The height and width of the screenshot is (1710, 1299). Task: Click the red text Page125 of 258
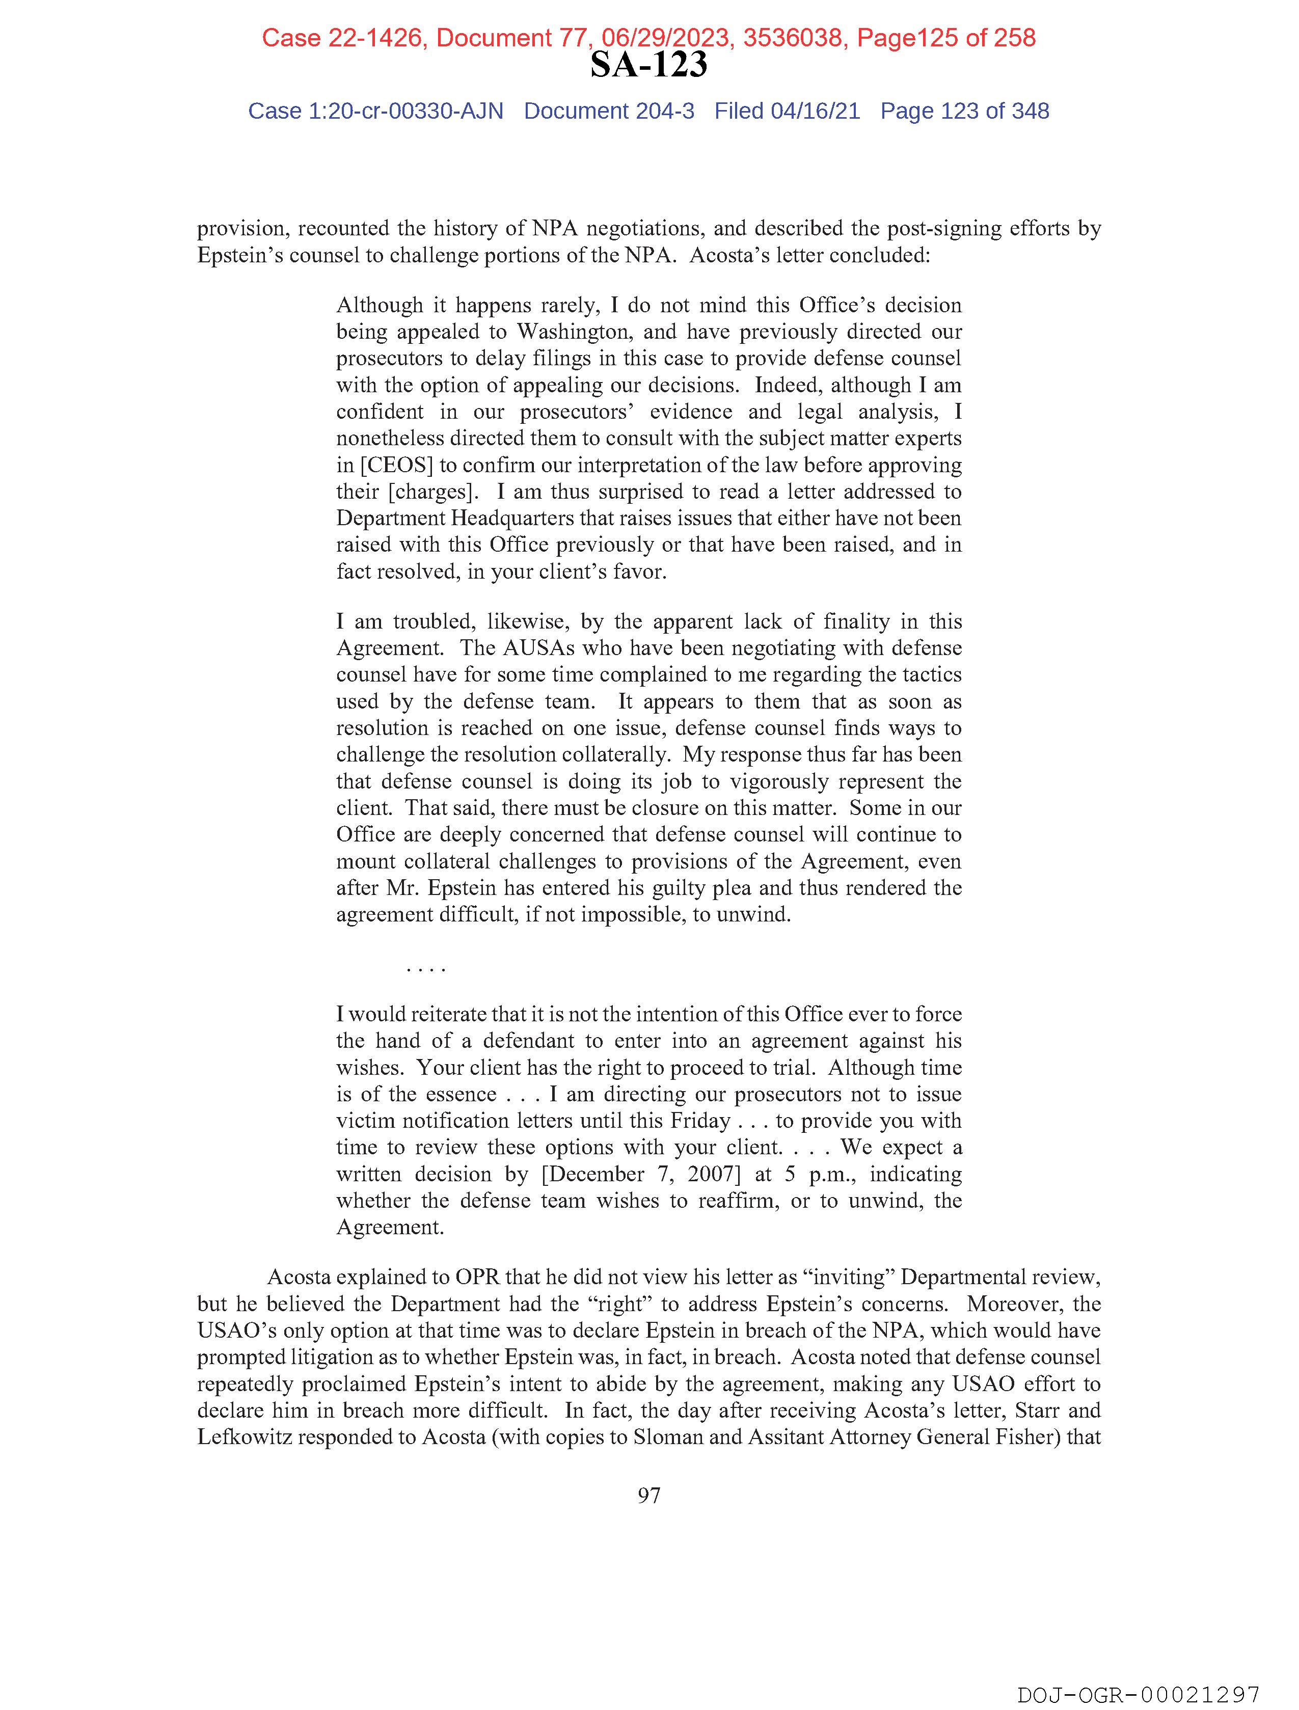click(945, 38)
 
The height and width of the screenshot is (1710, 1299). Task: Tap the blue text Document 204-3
click(609, 112)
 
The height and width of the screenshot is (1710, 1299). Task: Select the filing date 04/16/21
click(815, 112)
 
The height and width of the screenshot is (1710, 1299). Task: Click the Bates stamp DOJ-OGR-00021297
click(1138, 1695)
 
